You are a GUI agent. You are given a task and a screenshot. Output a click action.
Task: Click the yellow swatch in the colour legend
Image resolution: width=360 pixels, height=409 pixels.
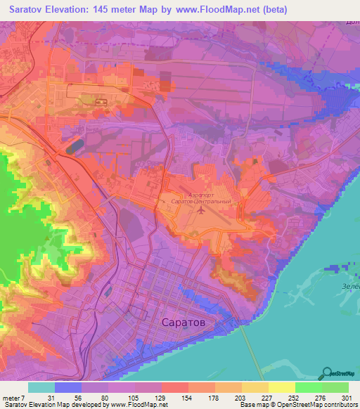(281, 388)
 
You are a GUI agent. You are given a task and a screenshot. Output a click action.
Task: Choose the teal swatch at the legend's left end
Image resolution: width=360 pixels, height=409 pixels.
(41, 388)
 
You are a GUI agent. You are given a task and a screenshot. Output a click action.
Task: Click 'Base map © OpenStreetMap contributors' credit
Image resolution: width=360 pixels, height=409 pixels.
(297, 405)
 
